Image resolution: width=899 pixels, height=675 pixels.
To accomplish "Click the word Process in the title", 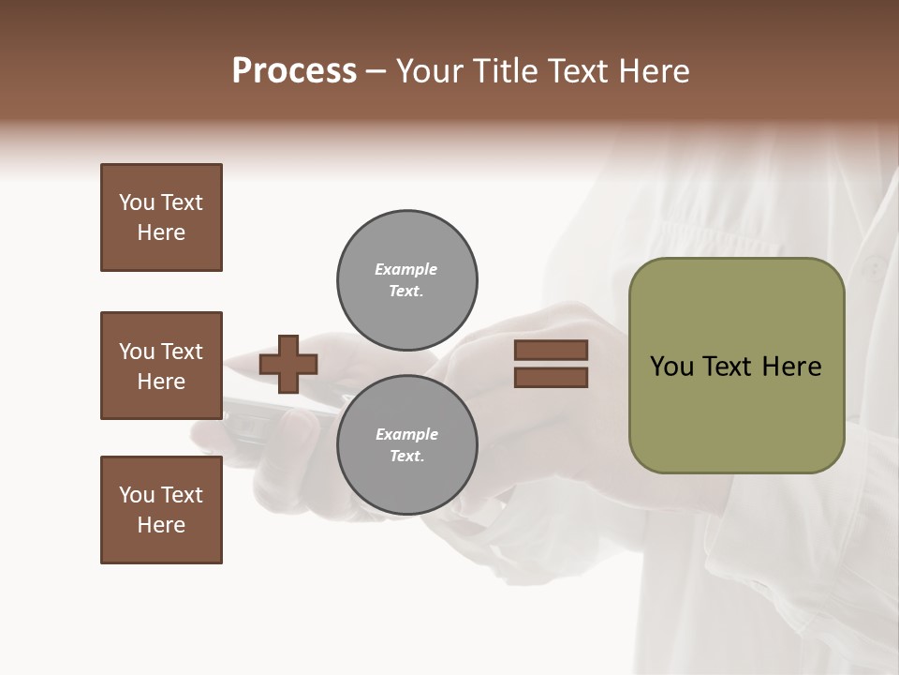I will pyautogui.click(x=294, y=71).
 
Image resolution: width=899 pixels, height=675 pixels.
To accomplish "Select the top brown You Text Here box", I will pyautogui.click(x=161, y=217).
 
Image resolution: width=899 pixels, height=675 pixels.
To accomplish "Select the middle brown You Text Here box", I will pyautogui.click(x=161, y=366).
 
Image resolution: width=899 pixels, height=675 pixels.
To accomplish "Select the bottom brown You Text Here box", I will pyautogui.click(x=161, y=510).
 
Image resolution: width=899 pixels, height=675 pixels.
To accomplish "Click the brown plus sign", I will pyautogui.click(x=288, y=364).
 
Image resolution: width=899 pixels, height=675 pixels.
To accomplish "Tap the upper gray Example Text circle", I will pyautogui.click(x=406, y=279).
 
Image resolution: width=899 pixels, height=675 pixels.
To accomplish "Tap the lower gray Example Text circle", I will pyautogui.click(x=406, y=444).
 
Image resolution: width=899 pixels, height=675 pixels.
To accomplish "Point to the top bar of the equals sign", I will pyautogui.click(x=551, y=350).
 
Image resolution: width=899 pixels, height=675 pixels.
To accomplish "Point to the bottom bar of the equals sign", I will pyautogui.click(x=551, y=378).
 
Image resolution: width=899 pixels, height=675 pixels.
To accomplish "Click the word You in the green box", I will pyautogui.click(x=671, y=367).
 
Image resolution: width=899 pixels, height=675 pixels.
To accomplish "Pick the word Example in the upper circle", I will pyautogui.click(x=406, y=269).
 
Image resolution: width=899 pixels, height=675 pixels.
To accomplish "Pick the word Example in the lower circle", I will pyautogui.click(x=406, y=434).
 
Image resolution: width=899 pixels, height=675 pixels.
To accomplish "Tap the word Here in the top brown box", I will pyautogui.click(x=161, y=232).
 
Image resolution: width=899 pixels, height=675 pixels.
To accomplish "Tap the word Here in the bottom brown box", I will pyautogui.click(x=161, y=525).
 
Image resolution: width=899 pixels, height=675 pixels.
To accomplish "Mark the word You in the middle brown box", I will pyautogui.click(x=135, y=352).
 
